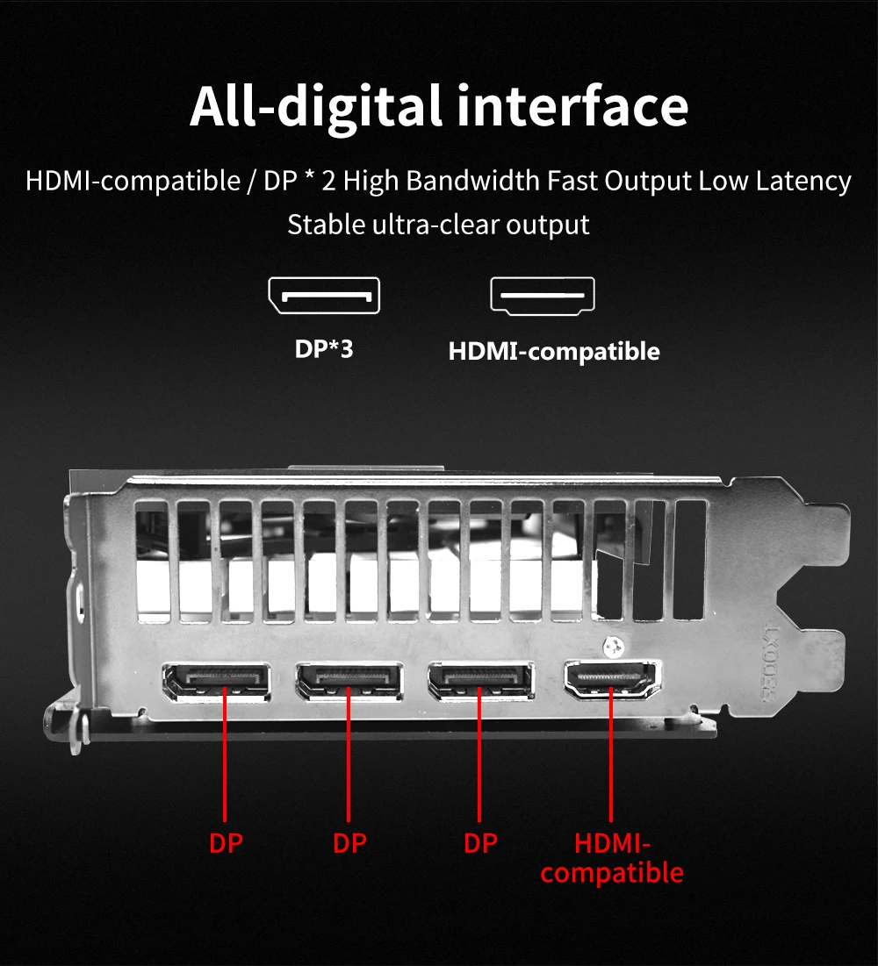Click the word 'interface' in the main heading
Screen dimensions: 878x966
(x=572, y=106)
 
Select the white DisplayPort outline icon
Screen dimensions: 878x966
(x=324, y=296)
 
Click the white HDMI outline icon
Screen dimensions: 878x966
(x=543, y=296)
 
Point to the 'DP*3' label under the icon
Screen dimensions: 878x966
(x=324, y=348)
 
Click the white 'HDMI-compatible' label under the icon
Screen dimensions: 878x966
(x=554, y=351)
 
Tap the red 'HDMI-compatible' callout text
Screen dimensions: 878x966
(x=612, y=857)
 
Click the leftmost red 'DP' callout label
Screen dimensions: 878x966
(x=226, y=843)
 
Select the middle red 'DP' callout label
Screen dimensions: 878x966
(x=349, y=843)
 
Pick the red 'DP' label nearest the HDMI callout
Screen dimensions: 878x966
(x=480, y=843)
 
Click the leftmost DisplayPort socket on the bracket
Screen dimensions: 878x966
(x=216, y=682)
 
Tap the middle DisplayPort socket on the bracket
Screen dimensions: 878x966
(x=349, y=682)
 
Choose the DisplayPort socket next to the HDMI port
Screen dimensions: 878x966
(x=481, y=682)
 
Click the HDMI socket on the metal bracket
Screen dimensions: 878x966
(x=612, y=679)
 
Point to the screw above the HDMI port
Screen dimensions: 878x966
(x=613, y=647)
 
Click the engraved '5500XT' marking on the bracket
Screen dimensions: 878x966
(x=771, y=663)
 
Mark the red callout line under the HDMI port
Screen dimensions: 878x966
(x=611, y=754)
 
